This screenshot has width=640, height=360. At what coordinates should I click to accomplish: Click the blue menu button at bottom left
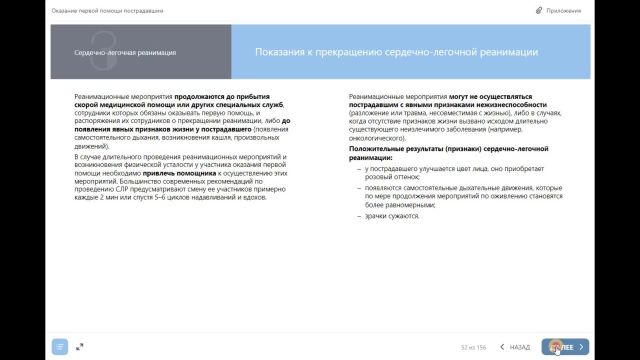[x=61, y=346]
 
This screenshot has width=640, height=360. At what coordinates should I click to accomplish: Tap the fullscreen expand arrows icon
[x=79, y=346]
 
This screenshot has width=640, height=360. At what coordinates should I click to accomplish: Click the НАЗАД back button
[x=514, y=346]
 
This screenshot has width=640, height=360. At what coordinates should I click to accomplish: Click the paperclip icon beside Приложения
[x=567, y=9]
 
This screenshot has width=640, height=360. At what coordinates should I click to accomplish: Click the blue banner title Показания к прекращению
[x=396, y=52]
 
